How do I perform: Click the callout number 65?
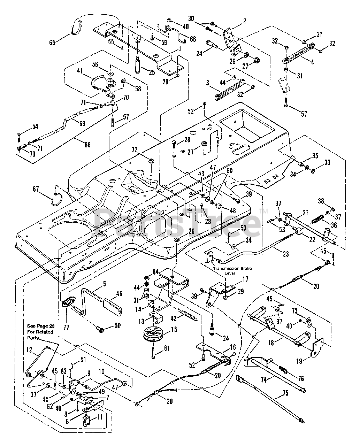52,43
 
